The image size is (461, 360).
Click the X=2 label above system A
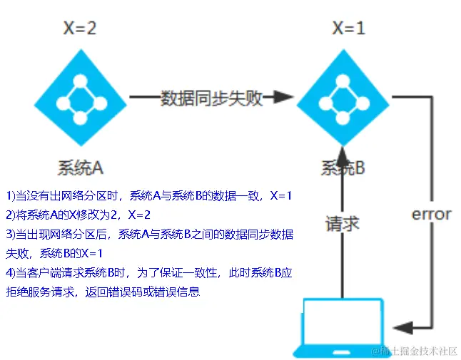click(80, 29)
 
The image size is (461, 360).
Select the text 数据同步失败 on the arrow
click(211, 98)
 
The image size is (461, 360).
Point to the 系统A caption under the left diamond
click(80, 168)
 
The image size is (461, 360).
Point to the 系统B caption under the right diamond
click(343, 168)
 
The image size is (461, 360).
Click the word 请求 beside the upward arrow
click(343, 222)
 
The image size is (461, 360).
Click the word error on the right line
click(431, 214)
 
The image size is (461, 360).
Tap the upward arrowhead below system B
click(343, 153)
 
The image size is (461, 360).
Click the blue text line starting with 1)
click(150, 195)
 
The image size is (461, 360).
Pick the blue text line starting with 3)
click(150, 234)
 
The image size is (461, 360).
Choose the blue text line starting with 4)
click(150, 273)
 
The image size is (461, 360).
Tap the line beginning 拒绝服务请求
click(102, 292)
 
